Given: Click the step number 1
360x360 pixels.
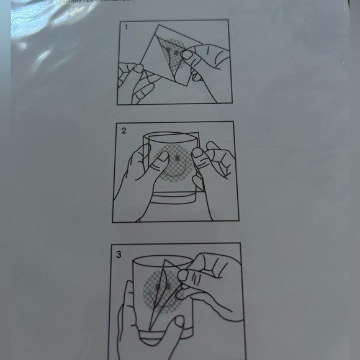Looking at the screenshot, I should (x=127, y=27).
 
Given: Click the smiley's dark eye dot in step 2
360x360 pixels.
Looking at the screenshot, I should (x=178, y=159).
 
